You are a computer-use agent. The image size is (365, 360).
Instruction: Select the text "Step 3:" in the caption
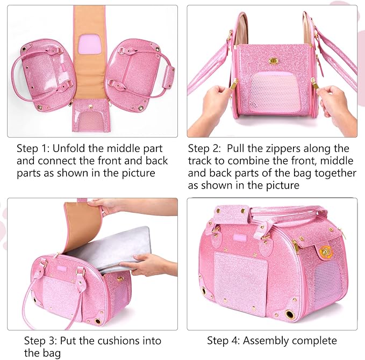click(x=40, y=340)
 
